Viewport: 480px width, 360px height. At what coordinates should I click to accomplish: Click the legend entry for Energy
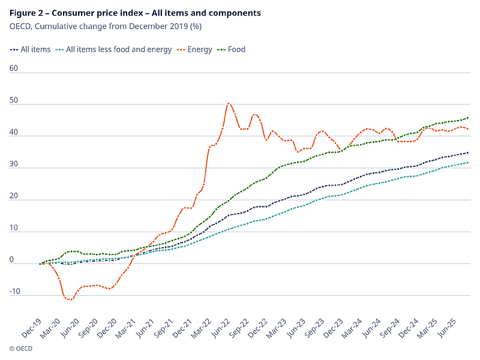pyautogui.click(x=200, y=49)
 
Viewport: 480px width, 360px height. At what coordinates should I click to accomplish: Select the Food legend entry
pyautogui.click(x=236, y=49)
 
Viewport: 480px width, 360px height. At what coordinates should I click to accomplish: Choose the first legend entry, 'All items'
pyautogui.click(x=37, y=49)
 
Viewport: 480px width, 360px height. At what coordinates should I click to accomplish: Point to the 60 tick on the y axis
pyautogui.click(x=14, y=68)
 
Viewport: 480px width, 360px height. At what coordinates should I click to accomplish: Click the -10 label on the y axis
pyautogui.click(x=15, y=291)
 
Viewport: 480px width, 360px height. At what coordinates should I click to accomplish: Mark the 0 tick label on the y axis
pyautogui.click(x=11, y=259)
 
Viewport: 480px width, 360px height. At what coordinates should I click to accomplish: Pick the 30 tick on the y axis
pyautogui.click(x=14, y=164)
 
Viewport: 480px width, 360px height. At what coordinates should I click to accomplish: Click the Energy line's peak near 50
pyautogui.click(x=229, y=103)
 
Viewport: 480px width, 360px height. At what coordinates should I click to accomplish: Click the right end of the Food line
pyautogui.click(x=468, y=118)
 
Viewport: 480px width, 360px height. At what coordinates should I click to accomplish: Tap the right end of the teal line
pyautogui.click(x=468, y=163)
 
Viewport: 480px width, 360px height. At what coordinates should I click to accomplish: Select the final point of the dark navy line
pyautogui.click(x=468, y=152)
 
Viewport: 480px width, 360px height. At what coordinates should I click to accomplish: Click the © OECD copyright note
pyautogui.click(x=21, y=347)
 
